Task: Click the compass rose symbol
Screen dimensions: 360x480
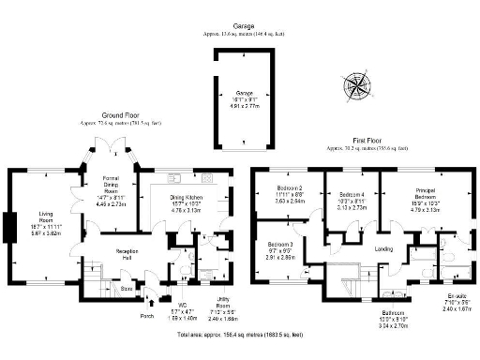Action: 356,83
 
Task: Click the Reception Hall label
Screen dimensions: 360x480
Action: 115,253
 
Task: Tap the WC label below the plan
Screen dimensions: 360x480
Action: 182,305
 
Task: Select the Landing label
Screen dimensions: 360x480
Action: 383,248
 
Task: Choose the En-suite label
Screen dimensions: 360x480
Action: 455,301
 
